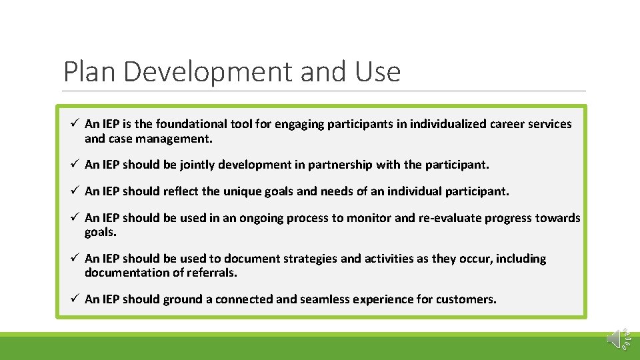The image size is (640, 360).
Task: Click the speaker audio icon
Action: coord(616,338)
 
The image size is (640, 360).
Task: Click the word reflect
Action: coord(180,191)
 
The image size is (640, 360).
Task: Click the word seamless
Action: coord(323,299)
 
